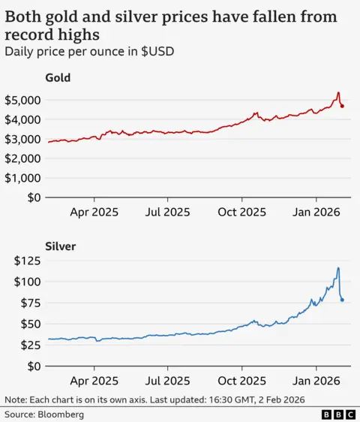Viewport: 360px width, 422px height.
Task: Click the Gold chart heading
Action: tap(58, 77)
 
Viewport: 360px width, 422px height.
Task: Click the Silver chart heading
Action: tap(59, 246)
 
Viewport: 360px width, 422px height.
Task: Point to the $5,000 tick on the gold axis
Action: tap(22, 100)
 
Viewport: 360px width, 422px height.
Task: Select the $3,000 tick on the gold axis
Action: tap(22, 139)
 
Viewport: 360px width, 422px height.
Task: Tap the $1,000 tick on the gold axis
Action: tap(22, 178)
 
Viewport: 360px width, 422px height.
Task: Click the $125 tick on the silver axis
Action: tap(28, 261)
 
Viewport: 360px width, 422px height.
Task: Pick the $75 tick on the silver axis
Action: tap(31, 303)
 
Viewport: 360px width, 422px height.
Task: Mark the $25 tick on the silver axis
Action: tap(31, 345)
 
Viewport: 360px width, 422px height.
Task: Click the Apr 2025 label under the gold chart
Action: tap(94, 212)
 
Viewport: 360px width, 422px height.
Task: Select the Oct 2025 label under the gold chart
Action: tap(241, 212)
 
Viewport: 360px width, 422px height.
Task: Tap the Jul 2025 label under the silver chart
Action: tap(167, 381)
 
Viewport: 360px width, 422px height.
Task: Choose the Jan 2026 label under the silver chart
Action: tap(316, 381)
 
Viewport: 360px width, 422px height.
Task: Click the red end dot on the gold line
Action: tap(343, 106)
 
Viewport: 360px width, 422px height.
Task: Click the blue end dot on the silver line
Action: tap(343, 300)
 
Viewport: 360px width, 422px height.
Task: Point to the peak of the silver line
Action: tap(338, 268)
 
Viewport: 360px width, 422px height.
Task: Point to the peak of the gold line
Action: tap(338, 93)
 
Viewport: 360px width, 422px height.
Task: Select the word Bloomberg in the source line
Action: tap(63, 414)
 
